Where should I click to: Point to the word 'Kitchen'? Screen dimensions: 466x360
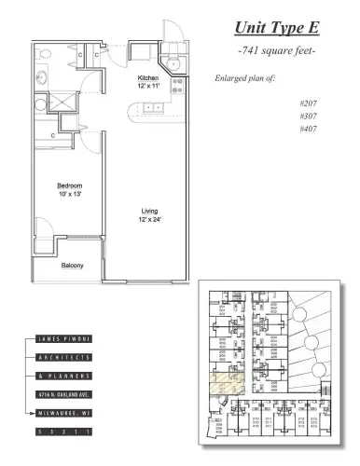point(148,77)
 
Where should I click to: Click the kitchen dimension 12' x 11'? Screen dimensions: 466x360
point(148,86)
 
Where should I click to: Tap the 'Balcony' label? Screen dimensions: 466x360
point(73,266)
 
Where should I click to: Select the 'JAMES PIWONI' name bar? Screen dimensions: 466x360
point(65,341)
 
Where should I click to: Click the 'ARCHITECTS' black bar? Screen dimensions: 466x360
point(65,358)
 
